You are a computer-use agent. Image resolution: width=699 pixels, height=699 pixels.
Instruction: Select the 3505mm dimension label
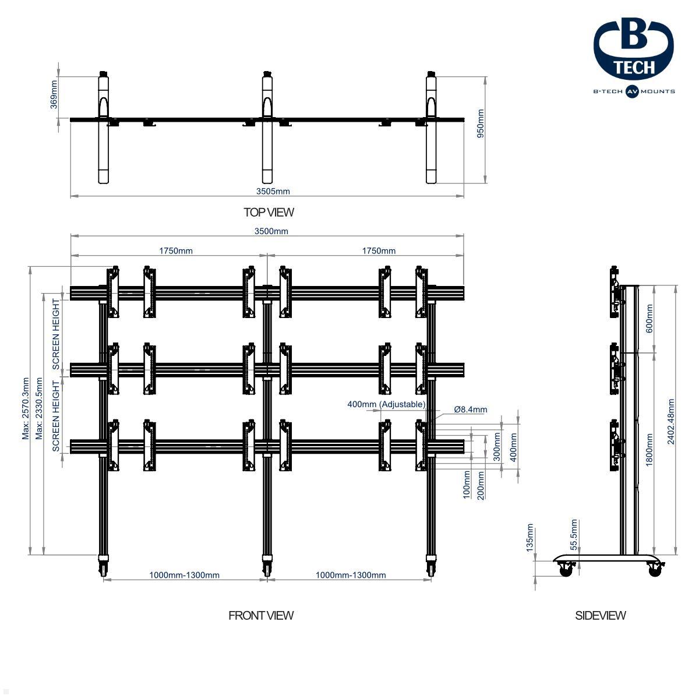(x=273, y=191)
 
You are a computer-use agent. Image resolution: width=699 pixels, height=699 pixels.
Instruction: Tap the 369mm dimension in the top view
(x=54, y=94)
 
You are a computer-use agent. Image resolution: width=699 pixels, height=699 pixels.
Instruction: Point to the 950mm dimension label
(x=481, y=123)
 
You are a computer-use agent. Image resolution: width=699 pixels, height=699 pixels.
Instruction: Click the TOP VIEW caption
(x=269, y=213)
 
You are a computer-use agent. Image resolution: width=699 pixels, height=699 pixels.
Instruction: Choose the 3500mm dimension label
(x=271, y=231)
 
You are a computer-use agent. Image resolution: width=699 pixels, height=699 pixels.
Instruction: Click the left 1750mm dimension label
(x=176, y=251)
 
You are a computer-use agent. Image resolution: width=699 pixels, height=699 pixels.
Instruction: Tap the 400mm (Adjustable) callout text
(x=386, y=404)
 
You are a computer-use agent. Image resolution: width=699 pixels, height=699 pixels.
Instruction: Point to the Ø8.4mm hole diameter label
(x=471, y=409)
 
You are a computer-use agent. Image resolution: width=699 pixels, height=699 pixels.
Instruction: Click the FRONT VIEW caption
(x=261, y=615)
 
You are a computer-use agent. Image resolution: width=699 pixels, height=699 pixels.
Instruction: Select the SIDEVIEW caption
(x=600, y=615)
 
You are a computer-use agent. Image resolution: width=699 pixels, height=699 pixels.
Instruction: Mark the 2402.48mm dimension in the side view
(x=671, y=422)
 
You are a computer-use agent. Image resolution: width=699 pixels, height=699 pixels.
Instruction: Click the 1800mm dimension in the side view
(x=649, y=449)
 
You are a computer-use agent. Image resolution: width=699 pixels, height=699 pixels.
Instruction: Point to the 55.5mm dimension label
(x=574, y=534)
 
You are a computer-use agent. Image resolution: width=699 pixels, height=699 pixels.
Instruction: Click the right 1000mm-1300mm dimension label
(x=351, y=576)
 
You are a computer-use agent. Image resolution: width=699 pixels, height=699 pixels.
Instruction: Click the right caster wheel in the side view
(x=655, y=570)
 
